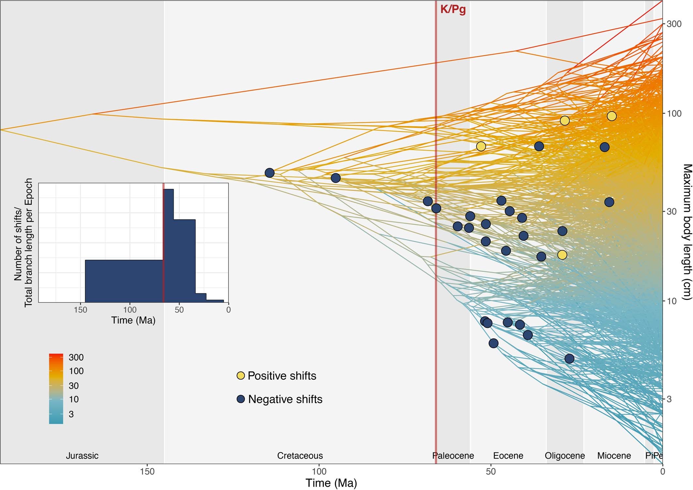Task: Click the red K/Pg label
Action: point(453,9)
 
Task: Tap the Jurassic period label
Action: point(82,455)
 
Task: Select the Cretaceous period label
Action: point(300,455)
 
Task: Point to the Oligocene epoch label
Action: point(564,455)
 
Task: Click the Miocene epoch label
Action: point(614,455)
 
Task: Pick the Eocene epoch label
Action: point(508,455)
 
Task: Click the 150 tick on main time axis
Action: point(147,471)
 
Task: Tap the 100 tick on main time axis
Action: point(319,471)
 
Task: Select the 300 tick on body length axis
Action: point(674,24)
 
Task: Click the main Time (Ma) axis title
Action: point(331,483)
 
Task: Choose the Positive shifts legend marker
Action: point(241,376)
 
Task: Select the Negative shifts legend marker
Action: point(241,399)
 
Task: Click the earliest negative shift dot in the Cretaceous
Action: point(269,173)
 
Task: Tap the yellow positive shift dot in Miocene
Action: point(611,116)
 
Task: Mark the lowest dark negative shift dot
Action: point(569,359)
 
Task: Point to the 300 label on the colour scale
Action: point(76,357)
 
